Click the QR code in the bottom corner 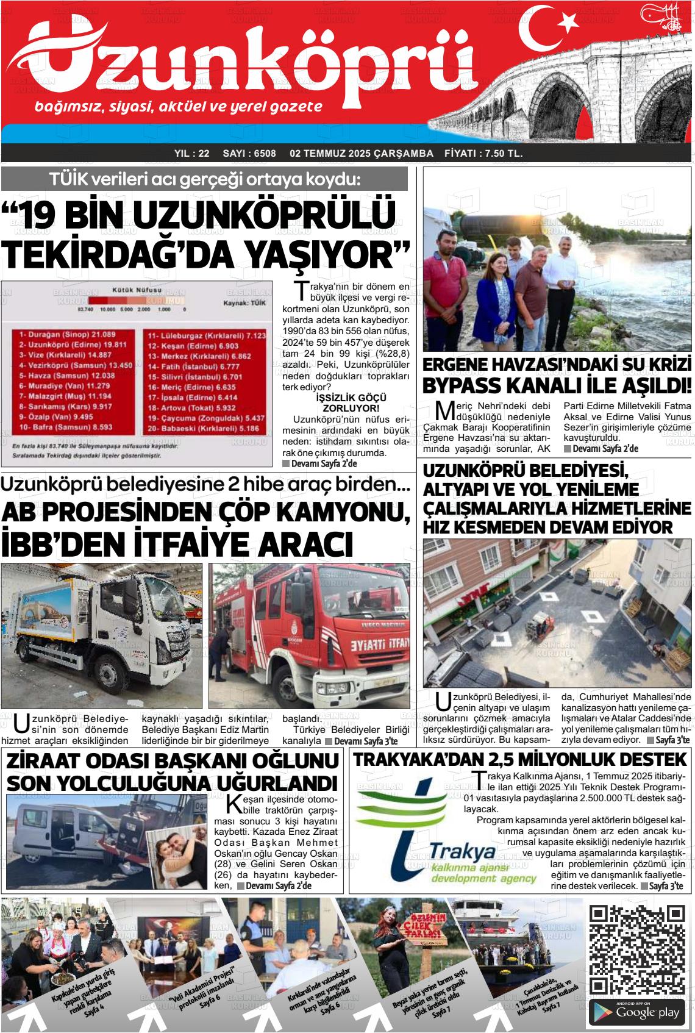638,951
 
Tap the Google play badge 638,1012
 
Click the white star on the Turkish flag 569,23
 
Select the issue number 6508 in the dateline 250,154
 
